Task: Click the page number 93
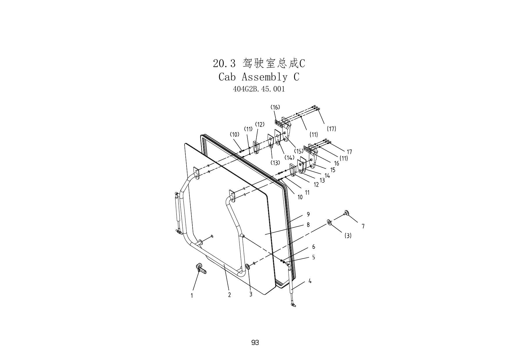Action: [255, 343]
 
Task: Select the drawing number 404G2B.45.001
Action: [259, 89]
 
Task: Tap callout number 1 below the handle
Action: [192, 296]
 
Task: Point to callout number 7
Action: [363, 226]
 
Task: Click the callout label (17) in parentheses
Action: [331, 129]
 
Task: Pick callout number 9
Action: [308, 215]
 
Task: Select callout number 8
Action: [308, 225]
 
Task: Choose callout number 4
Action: [310, 281]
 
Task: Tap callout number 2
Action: [230, 295]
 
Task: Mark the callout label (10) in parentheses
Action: [235, 134]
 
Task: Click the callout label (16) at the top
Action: [275, 107]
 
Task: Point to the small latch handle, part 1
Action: [201, 268]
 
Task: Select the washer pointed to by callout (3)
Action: [329, 222]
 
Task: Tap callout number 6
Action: [314, 247]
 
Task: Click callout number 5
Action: [314, 257]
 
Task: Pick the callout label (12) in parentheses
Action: [260, 125]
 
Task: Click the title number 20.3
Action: [224, 64]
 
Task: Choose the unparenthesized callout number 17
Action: [349, 152]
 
